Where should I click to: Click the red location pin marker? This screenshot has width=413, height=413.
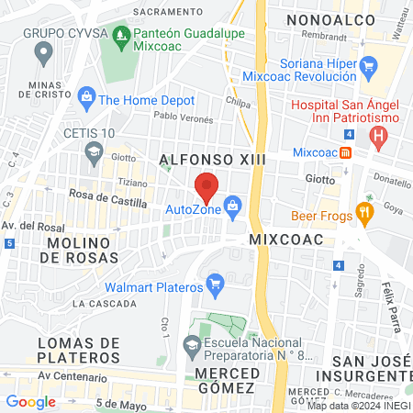(206, 186)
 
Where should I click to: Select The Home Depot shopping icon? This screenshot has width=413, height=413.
(86, 95)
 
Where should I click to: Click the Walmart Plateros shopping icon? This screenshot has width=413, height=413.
(216, 281)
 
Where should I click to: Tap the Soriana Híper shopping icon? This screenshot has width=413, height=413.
(369, 65)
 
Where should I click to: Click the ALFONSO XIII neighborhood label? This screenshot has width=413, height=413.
(212, 160)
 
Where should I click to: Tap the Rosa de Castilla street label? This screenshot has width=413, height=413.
(108, 201)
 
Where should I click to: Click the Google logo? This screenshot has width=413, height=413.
(31, 401)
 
